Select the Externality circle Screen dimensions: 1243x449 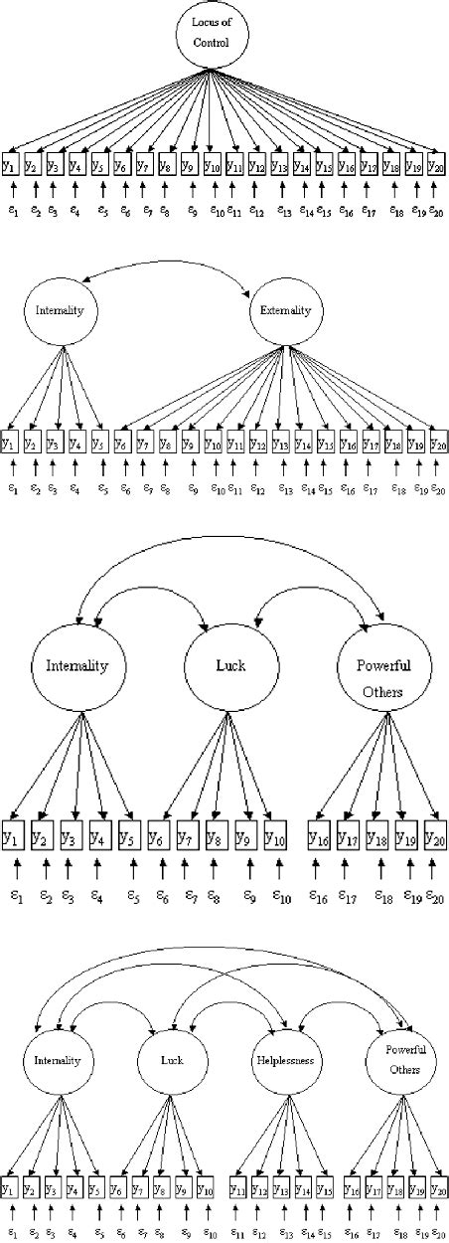click(x=284, y=311)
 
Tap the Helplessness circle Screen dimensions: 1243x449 click(x=285, y=1061)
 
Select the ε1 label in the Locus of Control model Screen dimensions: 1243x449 click(x=12, y=210)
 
